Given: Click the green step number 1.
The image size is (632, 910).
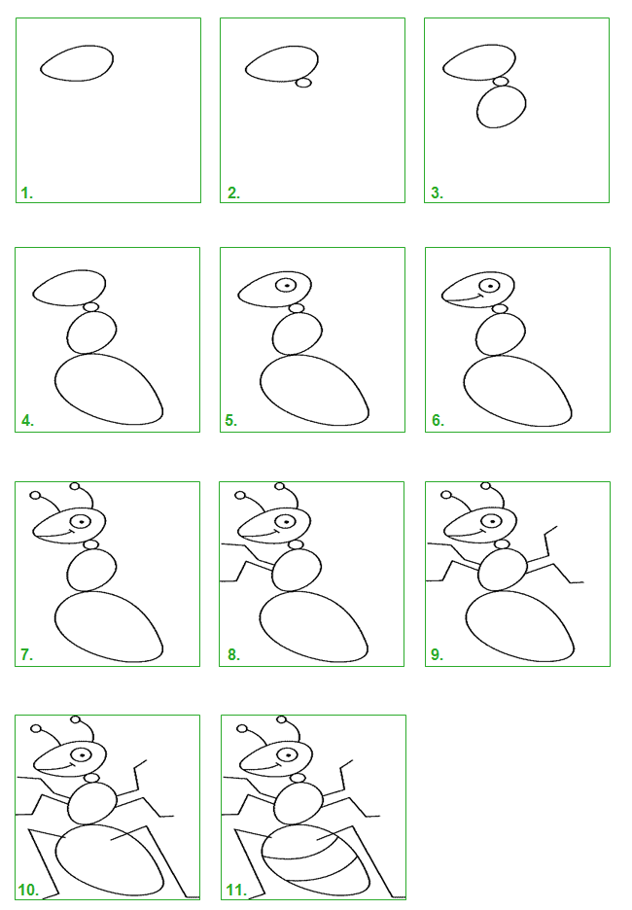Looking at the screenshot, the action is coord(26,193).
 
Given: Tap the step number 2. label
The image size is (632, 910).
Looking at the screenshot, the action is coord(234,193).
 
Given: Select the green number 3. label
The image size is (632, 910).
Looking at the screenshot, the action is coord(437,193).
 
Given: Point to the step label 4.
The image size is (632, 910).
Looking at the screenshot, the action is coord(27,421).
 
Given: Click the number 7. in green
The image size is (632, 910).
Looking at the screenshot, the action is coord(26,654).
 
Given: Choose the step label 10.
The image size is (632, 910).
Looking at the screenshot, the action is coord(28,890).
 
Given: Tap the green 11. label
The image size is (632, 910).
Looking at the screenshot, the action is coord(236,890).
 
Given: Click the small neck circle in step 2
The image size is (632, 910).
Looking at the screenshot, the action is coord(303,83).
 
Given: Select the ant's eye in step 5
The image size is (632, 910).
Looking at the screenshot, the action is coord(287,286).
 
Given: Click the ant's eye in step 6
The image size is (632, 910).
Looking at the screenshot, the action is coord(491,286).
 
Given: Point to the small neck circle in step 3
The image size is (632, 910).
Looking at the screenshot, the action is coord(501,82).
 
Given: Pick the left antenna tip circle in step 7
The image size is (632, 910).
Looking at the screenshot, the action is coord(35,495).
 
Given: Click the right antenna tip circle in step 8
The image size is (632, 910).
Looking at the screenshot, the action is coord(279,486).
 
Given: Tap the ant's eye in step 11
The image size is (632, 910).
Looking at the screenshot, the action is coord(287,755).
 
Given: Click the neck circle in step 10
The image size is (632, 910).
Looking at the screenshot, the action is coord(91,778).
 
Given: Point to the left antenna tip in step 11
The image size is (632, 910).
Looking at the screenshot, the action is coord(242,729).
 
